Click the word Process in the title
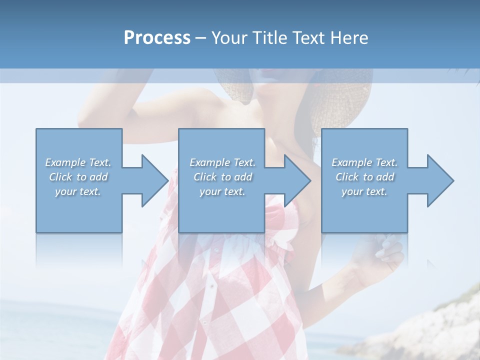tap(157, 37)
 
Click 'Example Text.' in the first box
tap(78, 162)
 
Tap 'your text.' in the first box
tap(78, 191)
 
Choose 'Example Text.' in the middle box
tap(222, 162)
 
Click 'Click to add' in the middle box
tap(222, 177)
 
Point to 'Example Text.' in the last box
tap(364, 162)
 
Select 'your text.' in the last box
tap(364, 191)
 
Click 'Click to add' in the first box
tap(78, 177)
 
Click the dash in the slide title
tap(200, 38)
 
